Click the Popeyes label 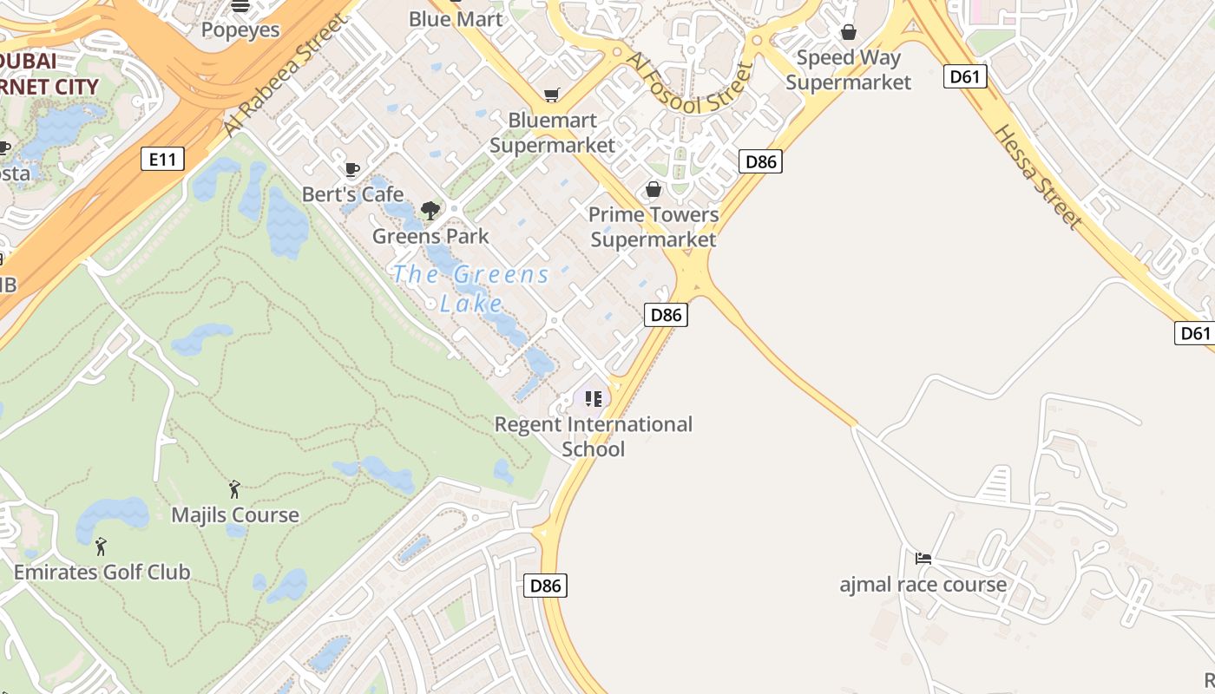240,30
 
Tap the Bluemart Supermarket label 552,133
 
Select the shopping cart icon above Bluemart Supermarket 551,95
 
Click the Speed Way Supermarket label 849,70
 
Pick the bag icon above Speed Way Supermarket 849,32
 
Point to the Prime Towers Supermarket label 653,226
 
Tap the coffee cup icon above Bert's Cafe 351,169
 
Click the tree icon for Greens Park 430,210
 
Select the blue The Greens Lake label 471,288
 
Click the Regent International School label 594,436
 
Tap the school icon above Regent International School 594,399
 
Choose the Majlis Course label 235,515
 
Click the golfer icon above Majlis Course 234,489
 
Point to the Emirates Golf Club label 102,573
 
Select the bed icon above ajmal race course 923,559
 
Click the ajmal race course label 923,585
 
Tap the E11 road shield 162,159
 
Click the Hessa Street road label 1038,177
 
